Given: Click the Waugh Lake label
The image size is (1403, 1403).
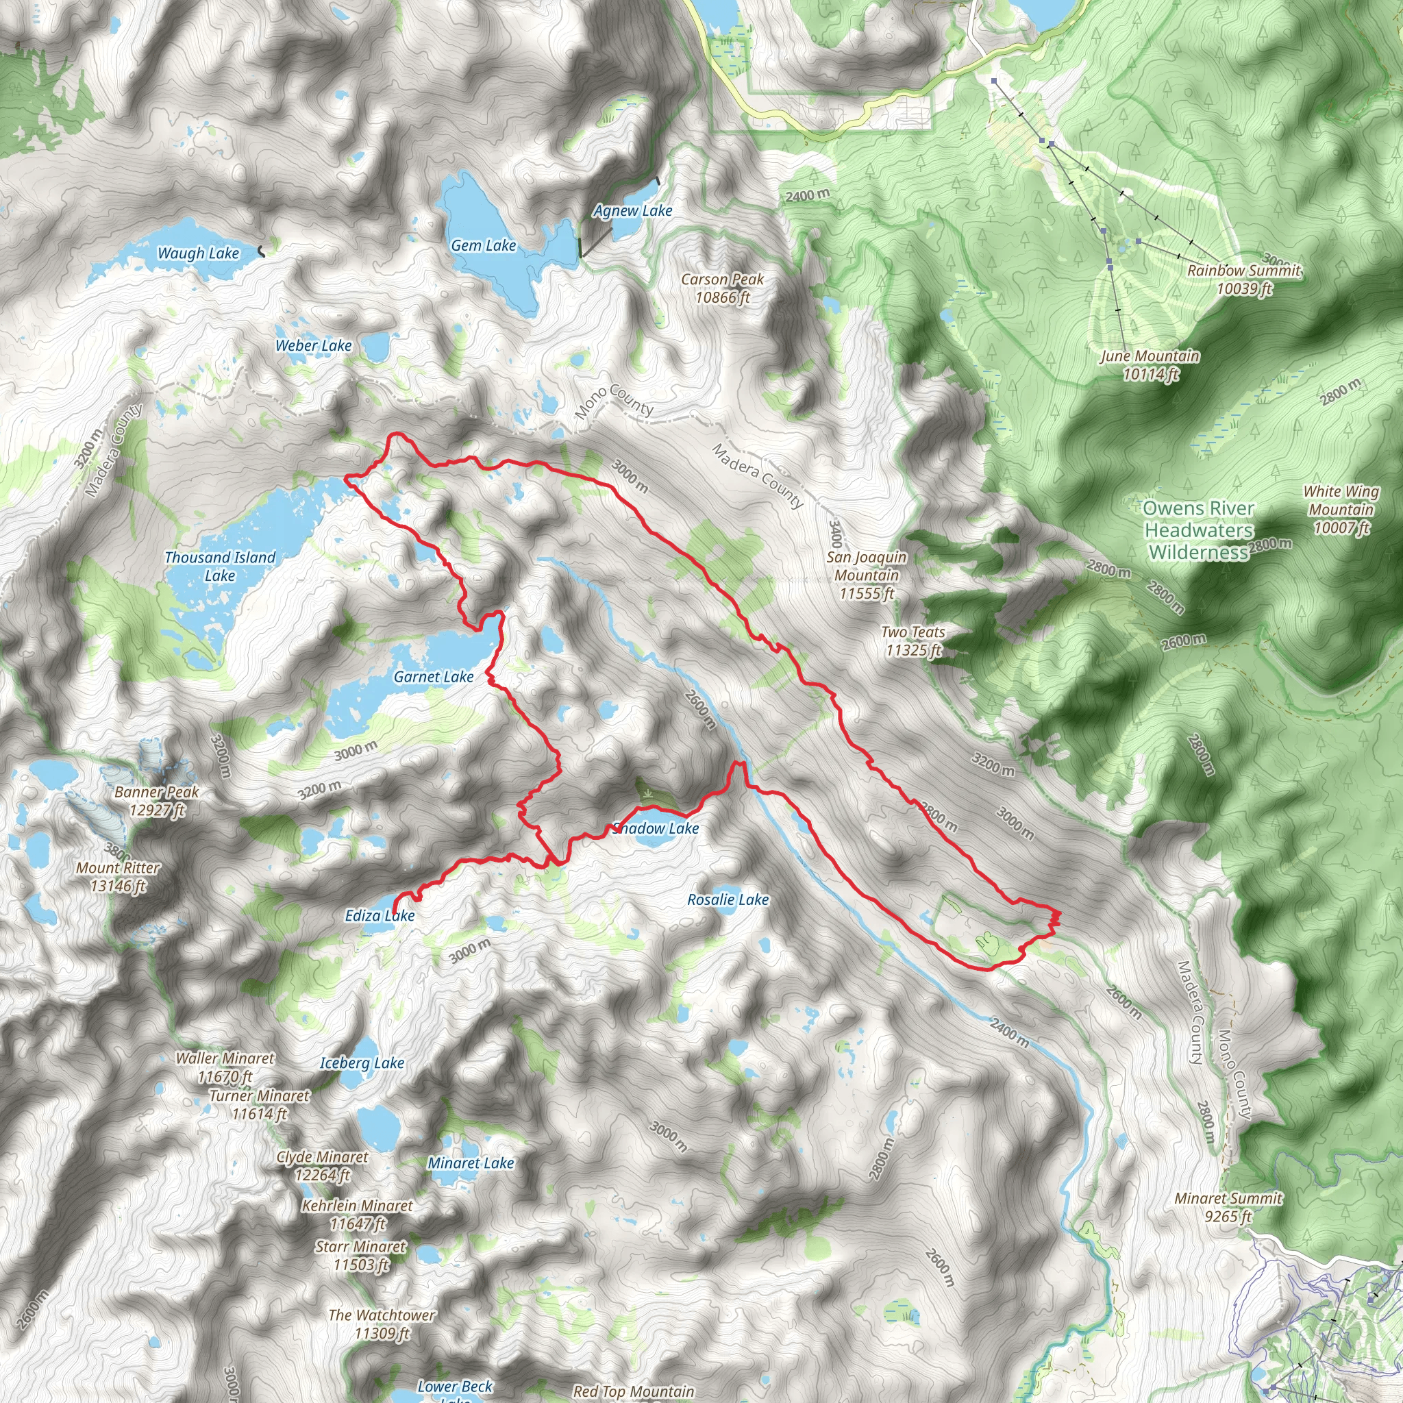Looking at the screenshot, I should (198, 253).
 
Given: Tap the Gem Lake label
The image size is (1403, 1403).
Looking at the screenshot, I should (484, 245).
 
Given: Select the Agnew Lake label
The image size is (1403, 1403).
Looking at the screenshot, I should (632, 210).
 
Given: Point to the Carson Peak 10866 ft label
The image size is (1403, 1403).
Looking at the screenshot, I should (723, 288).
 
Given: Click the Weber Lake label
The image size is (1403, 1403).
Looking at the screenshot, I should (313, 346).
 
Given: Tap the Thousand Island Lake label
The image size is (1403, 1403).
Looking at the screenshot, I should (220, 567).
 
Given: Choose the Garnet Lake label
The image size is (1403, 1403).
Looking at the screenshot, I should (434, 677).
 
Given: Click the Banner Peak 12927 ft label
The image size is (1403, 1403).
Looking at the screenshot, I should (156, 801).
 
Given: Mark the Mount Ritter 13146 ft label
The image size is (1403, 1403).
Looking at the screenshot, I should (118, 876).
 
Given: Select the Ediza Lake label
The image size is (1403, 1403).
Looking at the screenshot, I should (380, 916).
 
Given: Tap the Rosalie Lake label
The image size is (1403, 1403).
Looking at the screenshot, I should (728, 899).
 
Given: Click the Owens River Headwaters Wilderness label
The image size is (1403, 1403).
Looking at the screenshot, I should (1198, 531).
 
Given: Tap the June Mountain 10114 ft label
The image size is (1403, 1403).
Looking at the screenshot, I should (1150, 364).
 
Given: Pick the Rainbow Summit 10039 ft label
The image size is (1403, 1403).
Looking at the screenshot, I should (1244, 280).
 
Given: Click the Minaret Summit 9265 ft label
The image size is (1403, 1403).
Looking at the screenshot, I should (1229, 1207).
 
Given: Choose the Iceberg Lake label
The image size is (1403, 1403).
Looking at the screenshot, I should (362, 1063).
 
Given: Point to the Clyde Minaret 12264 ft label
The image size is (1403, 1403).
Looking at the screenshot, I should (323, 1165).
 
